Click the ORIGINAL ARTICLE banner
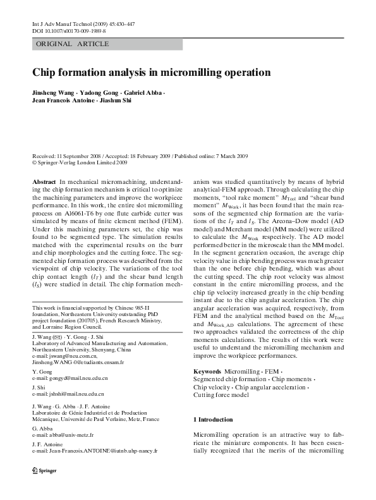pyautogui.click(x=73, y=44)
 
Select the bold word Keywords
pyautogui.click(x=207, y=371)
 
